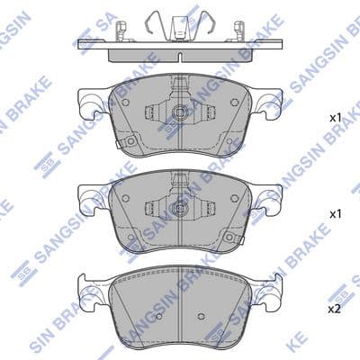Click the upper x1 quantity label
click(x=335, y=118)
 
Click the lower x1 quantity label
click(x=335, y=214)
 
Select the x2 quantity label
click(x=335, y=309)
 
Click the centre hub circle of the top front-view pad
click(x=180, y=114)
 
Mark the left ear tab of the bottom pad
click(x=89, y=289)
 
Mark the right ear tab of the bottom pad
click(x=271, y=289)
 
